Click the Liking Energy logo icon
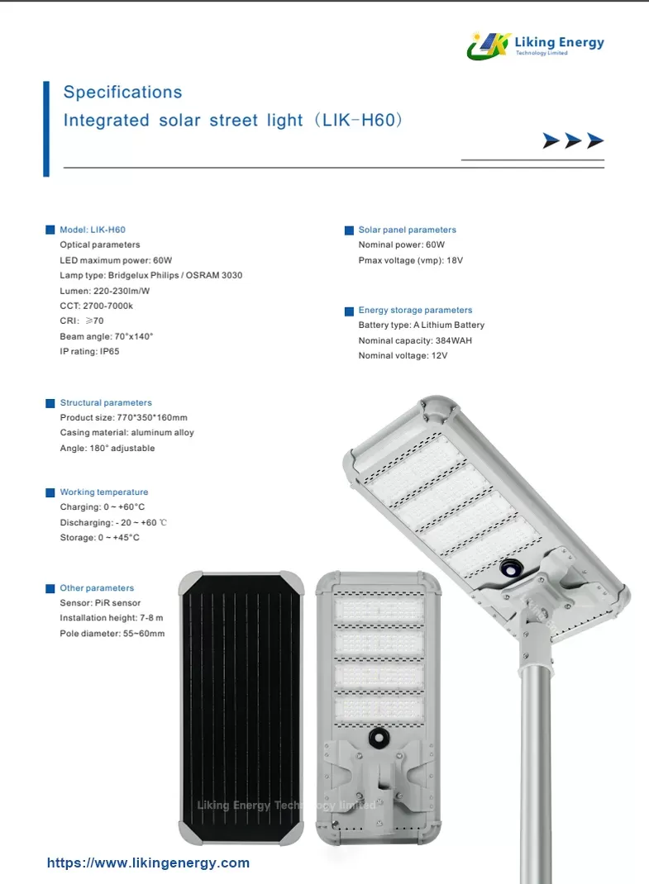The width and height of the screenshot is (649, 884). pyautogui.click(x=489, y=45)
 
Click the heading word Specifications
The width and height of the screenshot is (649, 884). pyautogui.click(x=122, y=93)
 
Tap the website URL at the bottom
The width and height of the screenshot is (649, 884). pyautogui.click(x=148, y=863)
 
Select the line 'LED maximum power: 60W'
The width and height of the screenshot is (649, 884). pyautogui.click(x=116, y=260)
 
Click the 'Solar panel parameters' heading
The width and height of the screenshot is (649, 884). pyautogui.click(x=407, y=230)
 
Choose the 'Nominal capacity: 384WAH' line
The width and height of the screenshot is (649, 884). pyautogui.click(x=415, y=340)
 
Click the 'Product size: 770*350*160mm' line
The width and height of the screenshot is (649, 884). pyautogui.click(x=123, y=418)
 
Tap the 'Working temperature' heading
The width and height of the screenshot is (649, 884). pyautogui.click(x=103, y=492)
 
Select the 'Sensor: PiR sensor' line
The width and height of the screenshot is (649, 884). pyautogui.click(x=100, y=603)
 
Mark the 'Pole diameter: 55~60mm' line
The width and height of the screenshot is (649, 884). pyautogui.click(x=112, y=634)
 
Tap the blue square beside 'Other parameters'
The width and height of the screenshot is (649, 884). pyautogui.click(x=50, y=589)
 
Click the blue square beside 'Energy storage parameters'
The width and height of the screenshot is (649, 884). pyautogui.click(x=349, y=311)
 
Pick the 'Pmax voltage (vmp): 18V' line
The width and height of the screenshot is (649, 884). pyautogui.click(x=410, y=260)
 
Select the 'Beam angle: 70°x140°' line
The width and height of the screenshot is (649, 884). pyautogui.click(x=107, y=336)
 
